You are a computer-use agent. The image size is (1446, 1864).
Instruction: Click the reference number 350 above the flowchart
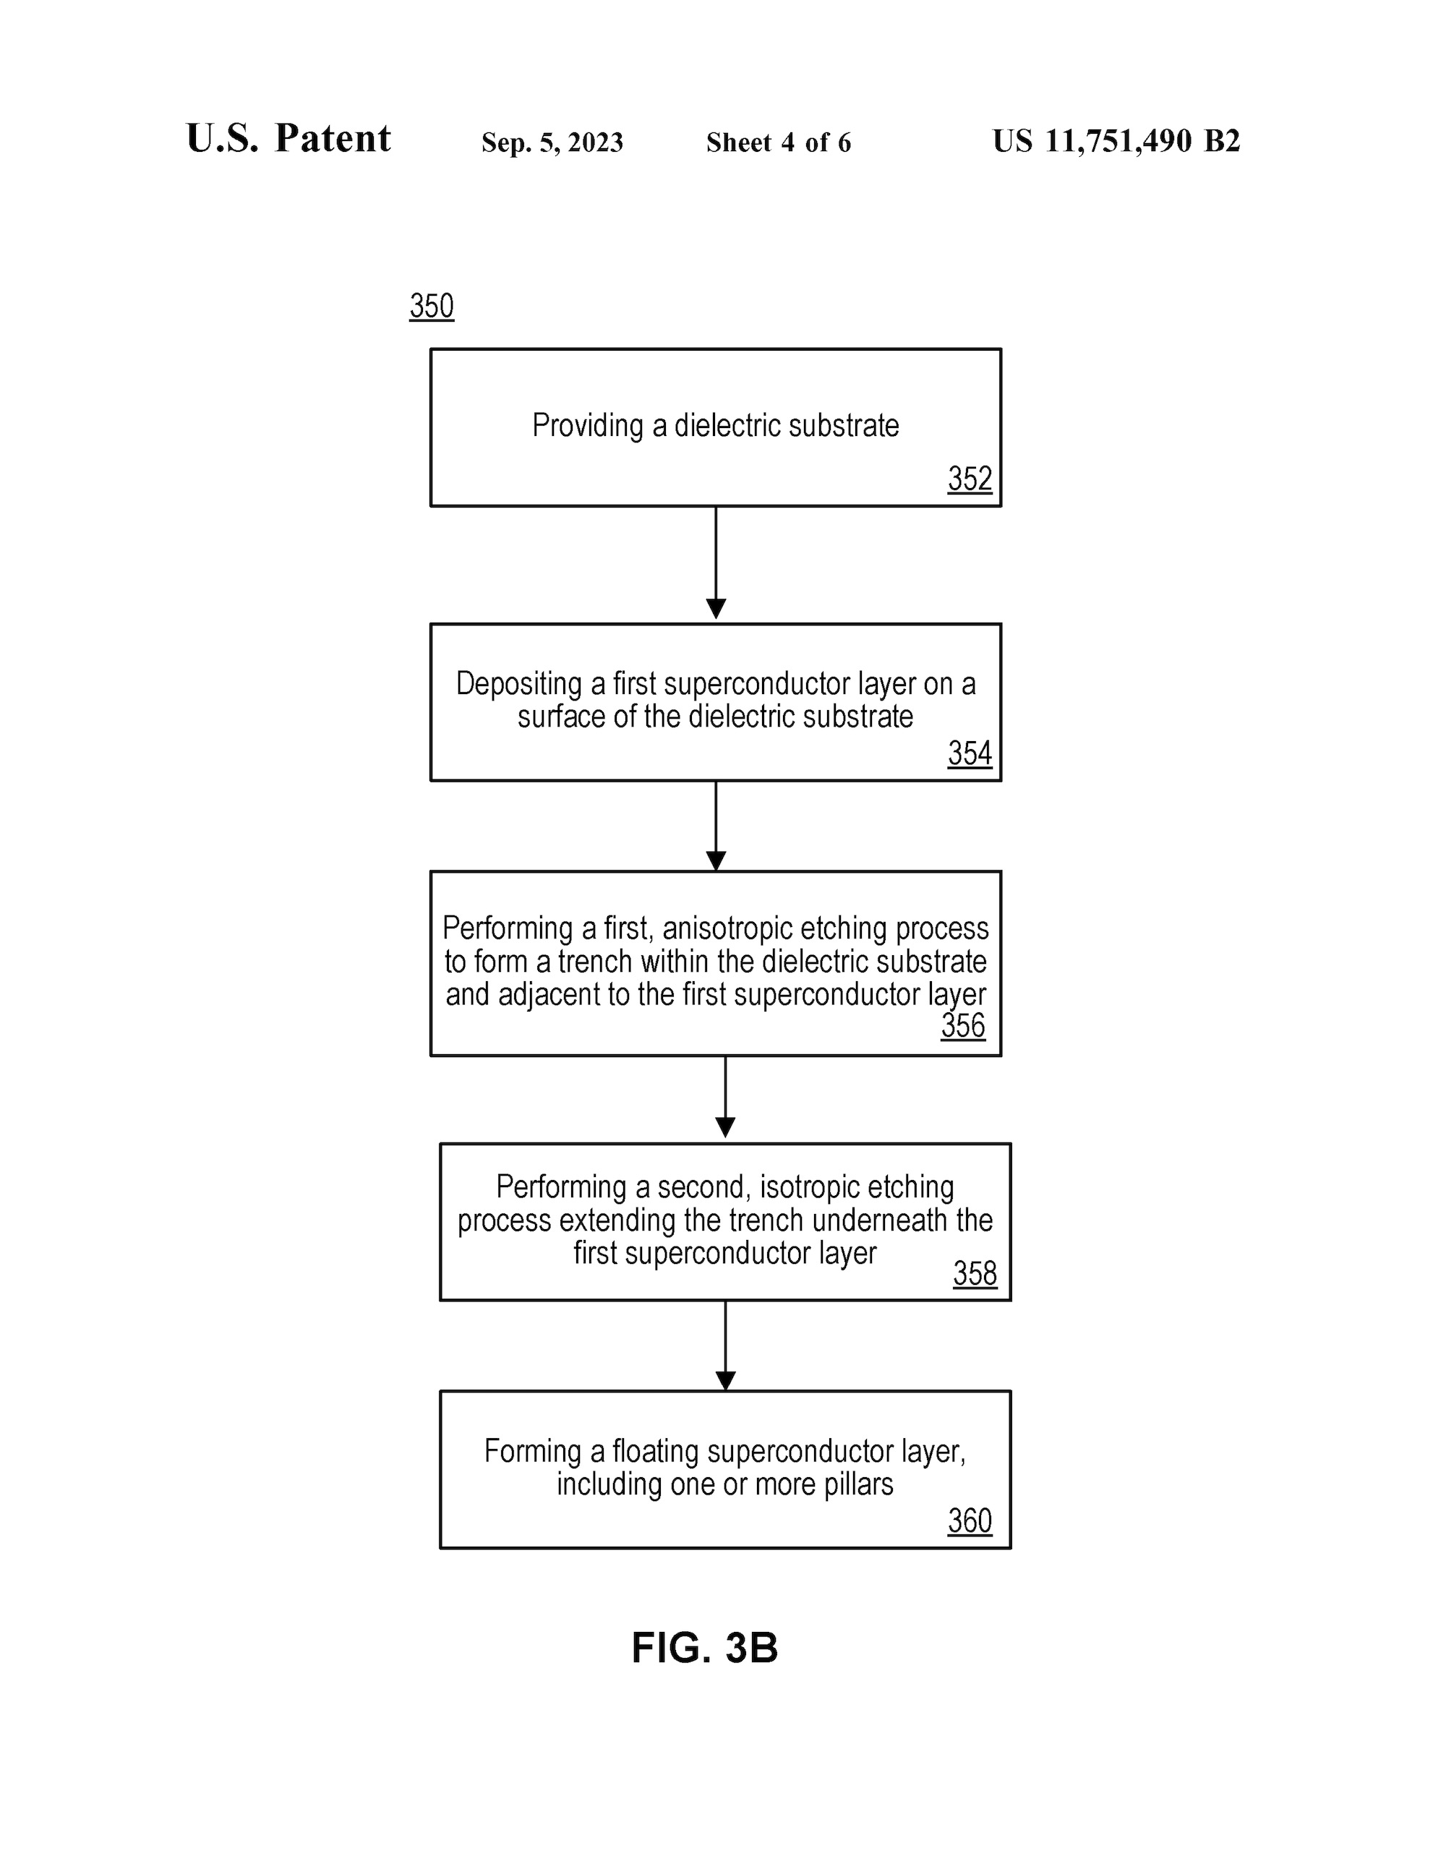[x=431, y=306]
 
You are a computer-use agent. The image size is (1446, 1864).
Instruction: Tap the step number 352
[x=970, y=479]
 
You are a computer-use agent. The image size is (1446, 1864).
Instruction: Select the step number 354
[x=970, y=753]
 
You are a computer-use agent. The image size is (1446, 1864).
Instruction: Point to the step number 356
[x=963, y=1025]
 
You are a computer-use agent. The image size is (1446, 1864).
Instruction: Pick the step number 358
[x=975, y=1273]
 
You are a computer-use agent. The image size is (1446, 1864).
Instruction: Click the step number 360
[x=970, y=1520]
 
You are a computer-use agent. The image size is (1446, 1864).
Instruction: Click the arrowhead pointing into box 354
[x=716, y=609]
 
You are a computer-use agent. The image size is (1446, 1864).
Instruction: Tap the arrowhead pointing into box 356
[x=716, y=860]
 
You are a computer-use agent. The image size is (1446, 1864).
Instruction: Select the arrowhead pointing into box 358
[x=726, y=1127]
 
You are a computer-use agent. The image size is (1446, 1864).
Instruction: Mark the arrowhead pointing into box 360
[x=726, y=1381]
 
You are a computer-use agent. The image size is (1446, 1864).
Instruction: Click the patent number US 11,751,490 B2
[x=1116, y=142]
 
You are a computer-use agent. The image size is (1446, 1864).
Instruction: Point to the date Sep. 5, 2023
[x=552, y=142]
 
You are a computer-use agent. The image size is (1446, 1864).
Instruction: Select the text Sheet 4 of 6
[x=779, y=142]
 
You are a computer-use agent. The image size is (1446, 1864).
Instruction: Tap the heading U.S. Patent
[x=288, y=138]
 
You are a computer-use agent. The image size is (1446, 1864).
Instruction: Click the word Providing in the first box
[x=588, y=426]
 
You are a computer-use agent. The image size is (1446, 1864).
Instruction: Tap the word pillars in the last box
[x=859, y=1484]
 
